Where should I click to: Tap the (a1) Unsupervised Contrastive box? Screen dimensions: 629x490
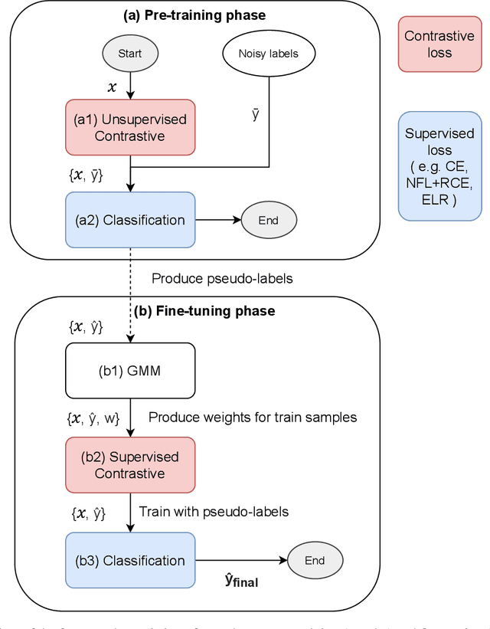[x=129, y=127]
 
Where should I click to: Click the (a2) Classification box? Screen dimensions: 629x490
[x=129, y=220]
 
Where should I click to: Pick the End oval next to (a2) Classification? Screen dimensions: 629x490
[x=268, y=220]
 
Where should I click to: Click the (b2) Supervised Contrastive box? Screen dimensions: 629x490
[x=129, y=465]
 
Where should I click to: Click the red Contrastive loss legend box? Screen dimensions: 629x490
[x=439, y=45]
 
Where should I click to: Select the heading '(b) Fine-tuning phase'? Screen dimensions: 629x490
[x=205, y=311]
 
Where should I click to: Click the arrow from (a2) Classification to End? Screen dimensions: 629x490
[x=217, y=220]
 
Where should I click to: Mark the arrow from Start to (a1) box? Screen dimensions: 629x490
[x=130, y=86]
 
